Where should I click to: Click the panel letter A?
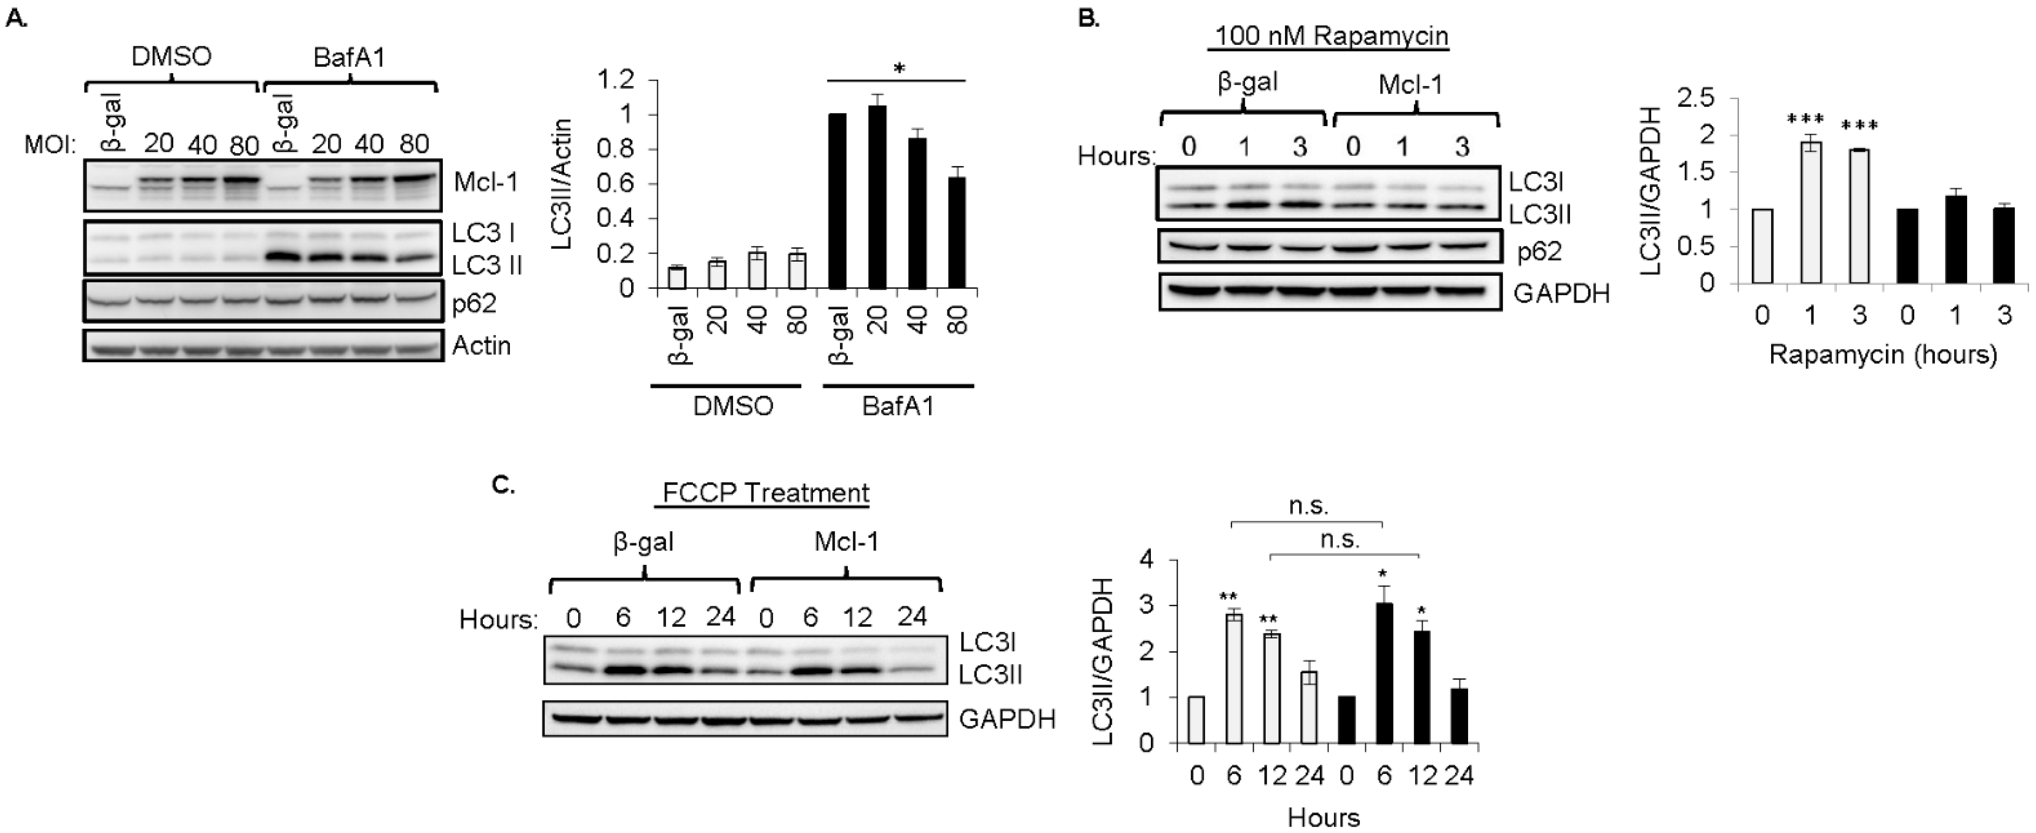point(16,19)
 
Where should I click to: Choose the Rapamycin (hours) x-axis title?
point(1883,355)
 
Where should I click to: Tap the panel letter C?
point(504,484)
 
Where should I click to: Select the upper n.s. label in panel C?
point(1308,506)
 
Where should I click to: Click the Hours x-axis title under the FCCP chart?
point(1323,817)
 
